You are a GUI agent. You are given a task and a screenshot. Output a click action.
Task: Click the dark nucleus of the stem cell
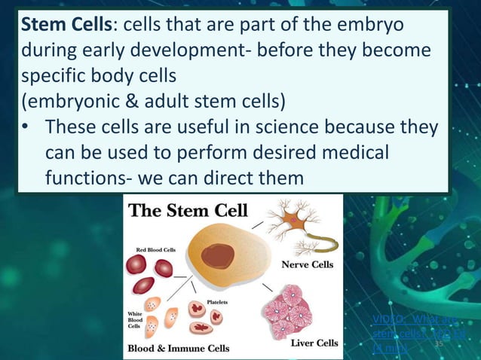point(217,256)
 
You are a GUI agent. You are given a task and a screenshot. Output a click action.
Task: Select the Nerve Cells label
point(308,265)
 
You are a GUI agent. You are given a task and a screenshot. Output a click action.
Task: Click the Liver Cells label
point(314,343)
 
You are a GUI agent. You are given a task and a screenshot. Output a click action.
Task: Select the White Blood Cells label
point(136,319)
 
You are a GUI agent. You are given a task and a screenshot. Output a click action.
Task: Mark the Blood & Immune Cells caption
point(178,349)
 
